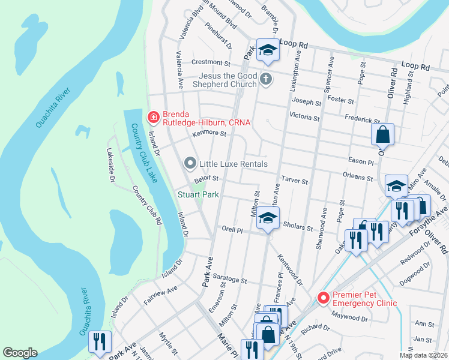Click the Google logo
[20, 353]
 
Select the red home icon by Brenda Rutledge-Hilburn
[154, 116]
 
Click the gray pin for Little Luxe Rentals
[190, 163]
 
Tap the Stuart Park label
[197, 194]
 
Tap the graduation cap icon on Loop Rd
[267, 50]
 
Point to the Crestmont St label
[211, 62]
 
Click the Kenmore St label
[208, 134]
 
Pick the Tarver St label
[294, 181]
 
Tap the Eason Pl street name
[362, 162]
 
